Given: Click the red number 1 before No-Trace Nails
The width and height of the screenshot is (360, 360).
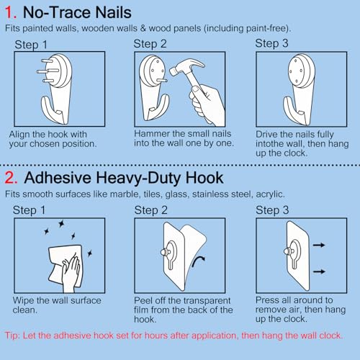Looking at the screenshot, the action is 11,12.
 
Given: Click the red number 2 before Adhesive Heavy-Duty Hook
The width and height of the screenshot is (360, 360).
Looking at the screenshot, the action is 11,178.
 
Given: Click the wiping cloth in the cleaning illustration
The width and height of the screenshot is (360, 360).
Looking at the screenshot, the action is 66,265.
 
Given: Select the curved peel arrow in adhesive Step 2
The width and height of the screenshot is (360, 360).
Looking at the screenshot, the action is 198,261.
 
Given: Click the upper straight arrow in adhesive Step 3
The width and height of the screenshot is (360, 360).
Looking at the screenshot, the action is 319,245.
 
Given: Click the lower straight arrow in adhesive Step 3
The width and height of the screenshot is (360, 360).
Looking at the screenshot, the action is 319,271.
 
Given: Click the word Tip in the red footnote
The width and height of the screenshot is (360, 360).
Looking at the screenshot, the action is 12,336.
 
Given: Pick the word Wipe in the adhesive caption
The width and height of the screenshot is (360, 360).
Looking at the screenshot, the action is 24,300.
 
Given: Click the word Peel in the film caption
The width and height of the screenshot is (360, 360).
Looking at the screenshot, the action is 143,300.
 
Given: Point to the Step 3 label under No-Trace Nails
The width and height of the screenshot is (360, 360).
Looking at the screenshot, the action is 271,43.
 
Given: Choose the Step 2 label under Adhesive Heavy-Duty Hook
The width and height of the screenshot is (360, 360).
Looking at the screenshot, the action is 150,210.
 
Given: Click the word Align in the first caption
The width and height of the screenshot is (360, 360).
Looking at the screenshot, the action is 19,135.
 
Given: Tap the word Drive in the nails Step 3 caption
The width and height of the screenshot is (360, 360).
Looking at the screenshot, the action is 266,134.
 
